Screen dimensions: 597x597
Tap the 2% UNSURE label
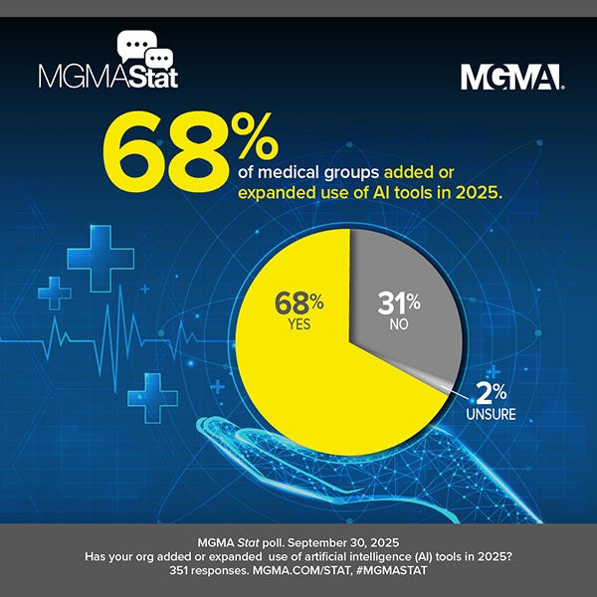pos(491,398)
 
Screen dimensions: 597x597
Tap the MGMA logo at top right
pos(511,77)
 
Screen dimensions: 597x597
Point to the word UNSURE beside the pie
pos(491,412)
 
